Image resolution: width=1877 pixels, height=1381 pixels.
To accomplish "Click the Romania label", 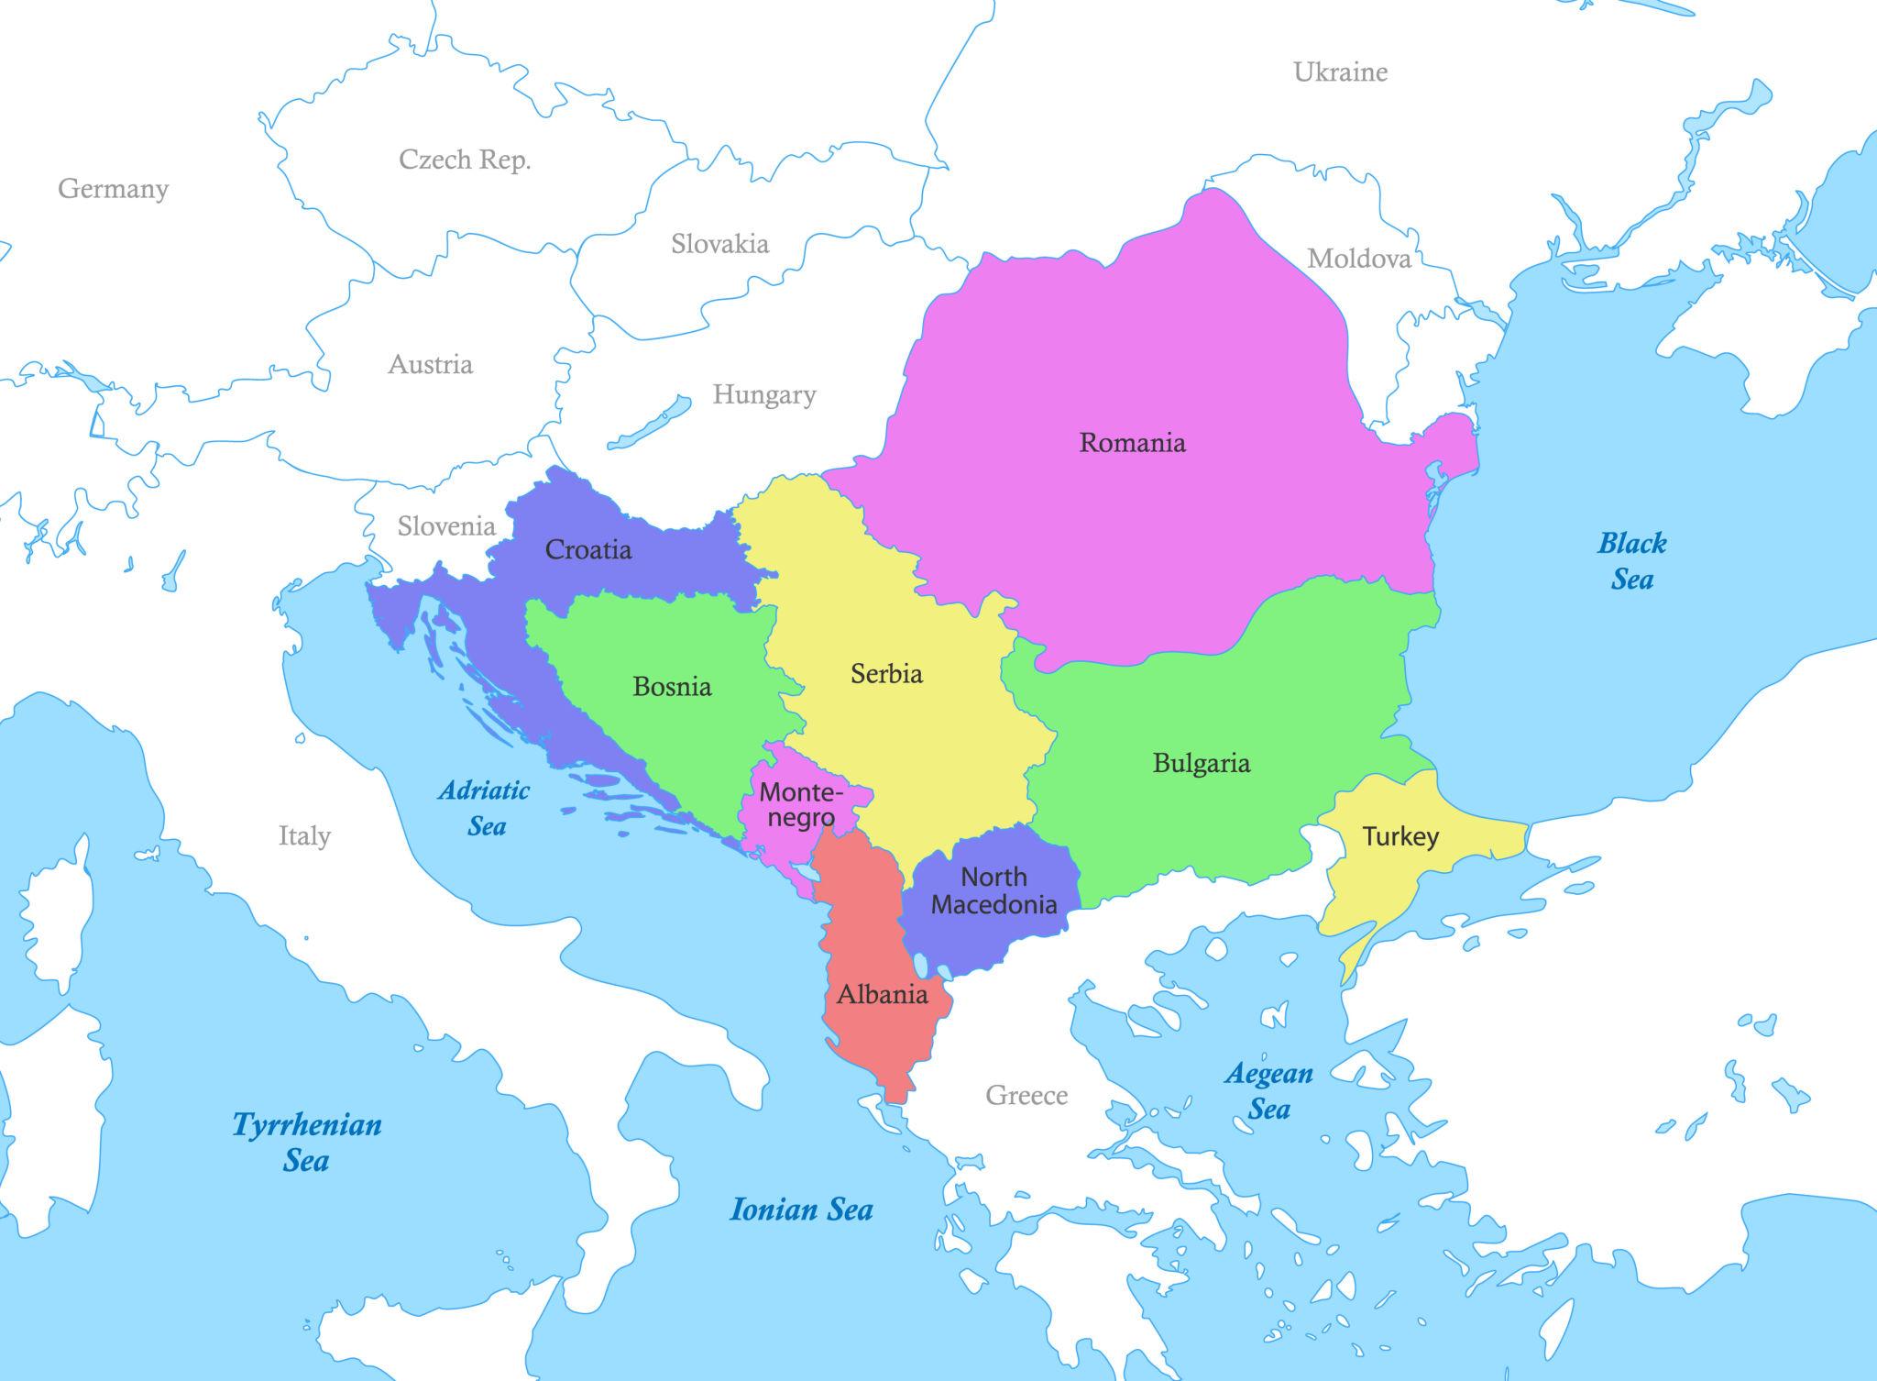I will point(1132,443).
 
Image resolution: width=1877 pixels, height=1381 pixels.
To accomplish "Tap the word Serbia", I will point(886,674).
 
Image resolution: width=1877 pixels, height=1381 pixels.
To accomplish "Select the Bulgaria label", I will point(1201,763).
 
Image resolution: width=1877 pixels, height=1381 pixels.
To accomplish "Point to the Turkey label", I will point(1400,836).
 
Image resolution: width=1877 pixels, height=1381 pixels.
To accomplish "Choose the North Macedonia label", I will point(993,890).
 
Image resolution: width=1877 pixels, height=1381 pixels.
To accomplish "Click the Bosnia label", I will point(672,687).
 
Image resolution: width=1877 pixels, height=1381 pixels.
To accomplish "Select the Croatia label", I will point(587,550).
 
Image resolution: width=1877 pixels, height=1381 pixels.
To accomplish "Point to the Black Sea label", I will point(1631,560).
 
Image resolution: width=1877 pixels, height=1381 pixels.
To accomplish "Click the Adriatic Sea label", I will point(485,808).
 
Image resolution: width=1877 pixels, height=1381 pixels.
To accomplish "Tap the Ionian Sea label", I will point(800,1210).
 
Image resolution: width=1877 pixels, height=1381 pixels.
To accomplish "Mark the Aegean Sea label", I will point(1268,1090).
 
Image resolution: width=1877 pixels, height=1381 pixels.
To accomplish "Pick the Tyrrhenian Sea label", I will point(306,1142).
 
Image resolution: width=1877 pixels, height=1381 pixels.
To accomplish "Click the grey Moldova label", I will point(1358,259).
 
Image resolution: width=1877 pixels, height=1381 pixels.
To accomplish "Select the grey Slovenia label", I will point(446,526).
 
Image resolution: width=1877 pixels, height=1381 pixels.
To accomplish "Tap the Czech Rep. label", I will point(465,160).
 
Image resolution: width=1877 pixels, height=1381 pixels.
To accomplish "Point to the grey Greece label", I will point(1026,1095).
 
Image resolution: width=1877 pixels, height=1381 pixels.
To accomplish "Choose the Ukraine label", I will point(1340,72).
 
